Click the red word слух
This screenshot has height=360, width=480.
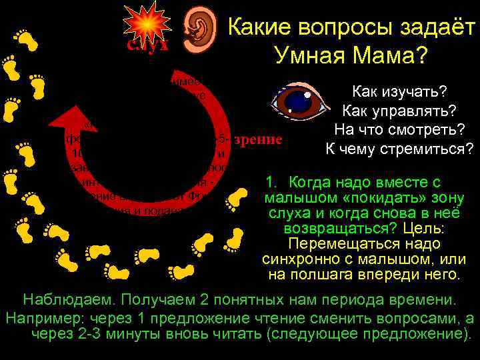pyautogui.click(x=147, y=45)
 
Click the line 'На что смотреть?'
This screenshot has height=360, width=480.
pyautogui.click(x=399, y=129)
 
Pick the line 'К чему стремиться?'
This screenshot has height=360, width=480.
pyautogui.click(x=399, y=148)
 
